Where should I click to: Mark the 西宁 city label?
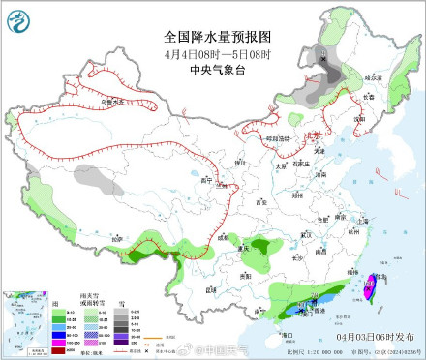204,180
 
